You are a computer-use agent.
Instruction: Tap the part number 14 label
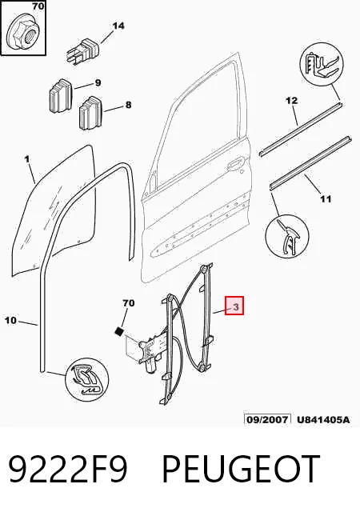point(118,26)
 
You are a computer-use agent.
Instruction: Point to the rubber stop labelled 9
point(61,96)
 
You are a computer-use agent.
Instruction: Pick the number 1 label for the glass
point(27,159)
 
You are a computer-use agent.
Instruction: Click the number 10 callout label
point(10,320)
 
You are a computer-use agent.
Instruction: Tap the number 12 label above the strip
point(292,101)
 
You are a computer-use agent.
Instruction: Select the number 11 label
point(325,198)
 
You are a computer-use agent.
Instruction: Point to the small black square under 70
point(119,331)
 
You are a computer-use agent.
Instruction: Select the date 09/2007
point(267,419)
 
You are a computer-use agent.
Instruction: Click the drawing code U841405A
point(323,419)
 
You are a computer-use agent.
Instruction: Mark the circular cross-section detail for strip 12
point(322,63)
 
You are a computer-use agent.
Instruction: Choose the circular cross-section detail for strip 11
point(287,236)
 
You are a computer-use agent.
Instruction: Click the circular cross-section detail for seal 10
point(87,378)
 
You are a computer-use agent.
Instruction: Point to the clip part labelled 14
point(83,51)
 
